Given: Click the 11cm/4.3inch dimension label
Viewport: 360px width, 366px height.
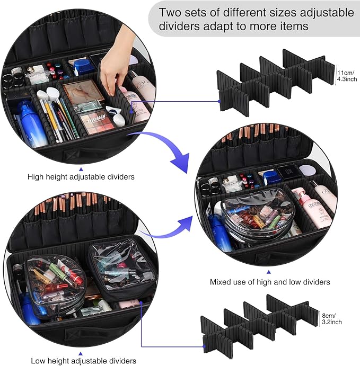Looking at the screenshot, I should point(347,75).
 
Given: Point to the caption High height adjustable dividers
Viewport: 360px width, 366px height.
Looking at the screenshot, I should point(81,176).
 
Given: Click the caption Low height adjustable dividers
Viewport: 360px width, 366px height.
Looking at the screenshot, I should point(83,360).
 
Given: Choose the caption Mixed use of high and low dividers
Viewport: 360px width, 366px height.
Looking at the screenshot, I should point(270,282).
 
